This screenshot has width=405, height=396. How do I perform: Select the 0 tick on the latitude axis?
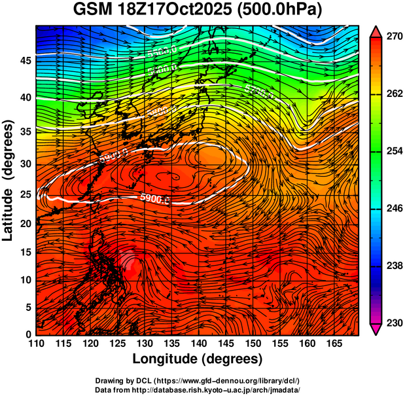coord(29,334)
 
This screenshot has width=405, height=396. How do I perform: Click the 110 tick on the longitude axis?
coord(37,344)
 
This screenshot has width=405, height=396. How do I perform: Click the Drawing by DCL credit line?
coord(197,380)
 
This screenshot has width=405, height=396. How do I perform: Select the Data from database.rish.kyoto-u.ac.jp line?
coord(197,389)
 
